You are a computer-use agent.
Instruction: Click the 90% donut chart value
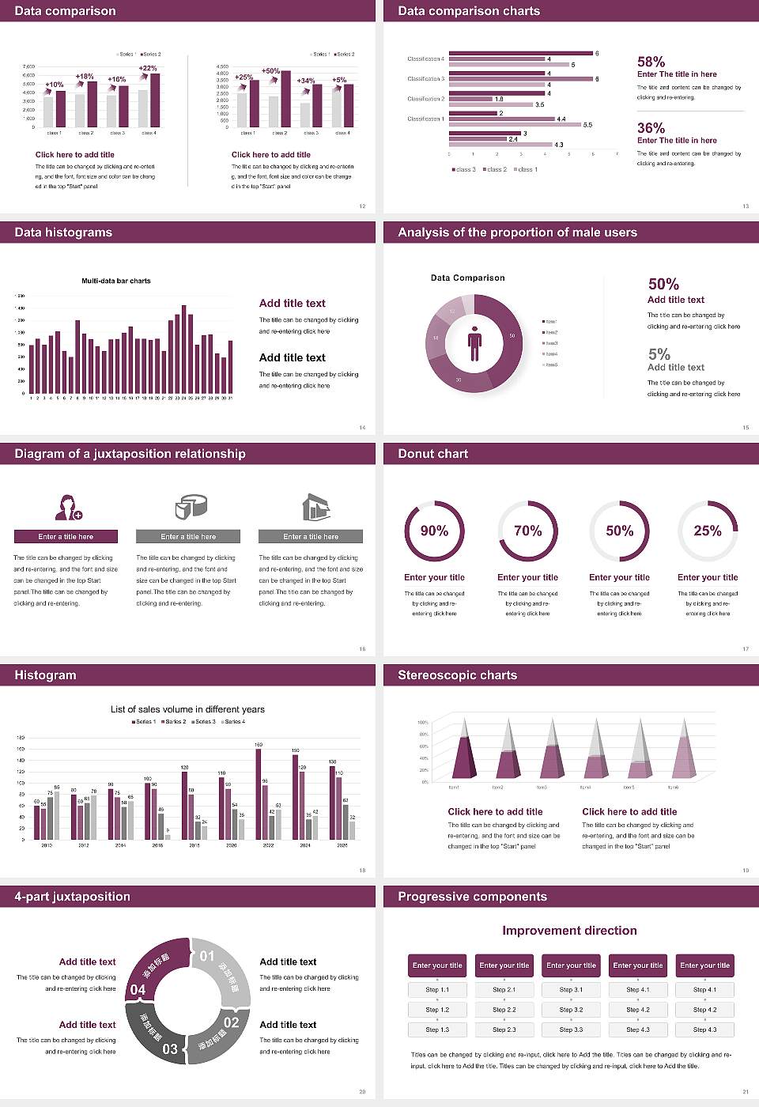[434, 531]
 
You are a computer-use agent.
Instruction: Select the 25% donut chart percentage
[707, 531]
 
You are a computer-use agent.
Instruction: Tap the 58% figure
[651, 62]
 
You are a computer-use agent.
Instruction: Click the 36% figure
[651, 128]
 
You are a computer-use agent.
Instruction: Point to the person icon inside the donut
[474, 342]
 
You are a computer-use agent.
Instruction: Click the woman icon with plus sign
[68, 507]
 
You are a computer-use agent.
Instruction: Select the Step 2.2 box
[504, 1010]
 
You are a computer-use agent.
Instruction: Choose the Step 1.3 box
[437, 1030]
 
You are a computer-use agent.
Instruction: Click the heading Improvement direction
[569, 931]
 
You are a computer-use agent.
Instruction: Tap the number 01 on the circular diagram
[207, 956]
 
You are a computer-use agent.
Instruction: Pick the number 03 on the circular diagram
[170, 1049]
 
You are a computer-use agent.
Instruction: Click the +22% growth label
[148, 68]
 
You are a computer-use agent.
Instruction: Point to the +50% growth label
[270, 70]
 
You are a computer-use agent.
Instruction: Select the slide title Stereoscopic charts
[457, 675]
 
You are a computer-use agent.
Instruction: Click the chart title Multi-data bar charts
[116, 281]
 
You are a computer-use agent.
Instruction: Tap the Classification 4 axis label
[425, 59]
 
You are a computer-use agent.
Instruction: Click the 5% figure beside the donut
[659, 353]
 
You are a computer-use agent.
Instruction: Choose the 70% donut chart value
[527, 531]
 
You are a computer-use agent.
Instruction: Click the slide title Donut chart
[432, 454]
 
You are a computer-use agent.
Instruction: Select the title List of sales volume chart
[187, 709]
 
